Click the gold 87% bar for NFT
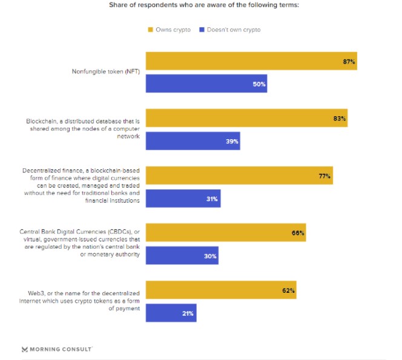pos(251,61)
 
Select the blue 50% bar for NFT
pos(206,83)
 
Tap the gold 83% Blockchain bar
pos(246,118)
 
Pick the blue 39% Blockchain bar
pos(193,141)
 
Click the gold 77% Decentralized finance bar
pos(239,175)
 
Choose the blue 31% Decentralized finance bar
pos(183,198)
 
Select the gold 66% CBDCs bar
pos(226,232)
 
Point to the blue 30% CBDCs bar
pos(182,255)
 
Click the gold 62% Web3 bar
pos(221,290)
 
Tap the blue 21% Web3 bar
pos(171,313)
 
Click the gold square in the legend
pos(151,30)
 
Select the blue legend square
pos(202,30)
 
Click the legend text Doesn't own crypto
pos(234,30)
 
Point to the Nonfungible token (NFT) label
pos(106,71)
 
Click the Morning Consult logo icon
pos(25,349)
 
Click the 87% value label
pos(349,62)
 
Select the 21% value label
pos(188,313)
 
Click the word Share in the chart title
pos(118,5)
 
